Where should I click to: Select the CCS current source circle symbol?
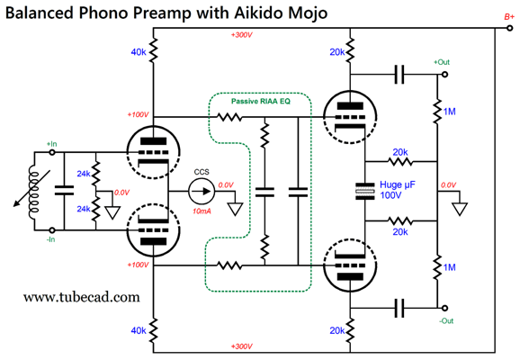[201, 190]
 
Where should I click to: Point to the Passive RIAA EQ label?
[261, 102]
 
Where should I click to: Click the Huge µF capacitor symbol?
[365, 190]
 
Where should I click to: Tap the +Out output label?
[442, 62]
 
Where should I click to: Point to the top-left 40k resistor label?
[139, 52]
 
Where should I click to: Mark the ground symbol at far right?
[461, 209]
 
